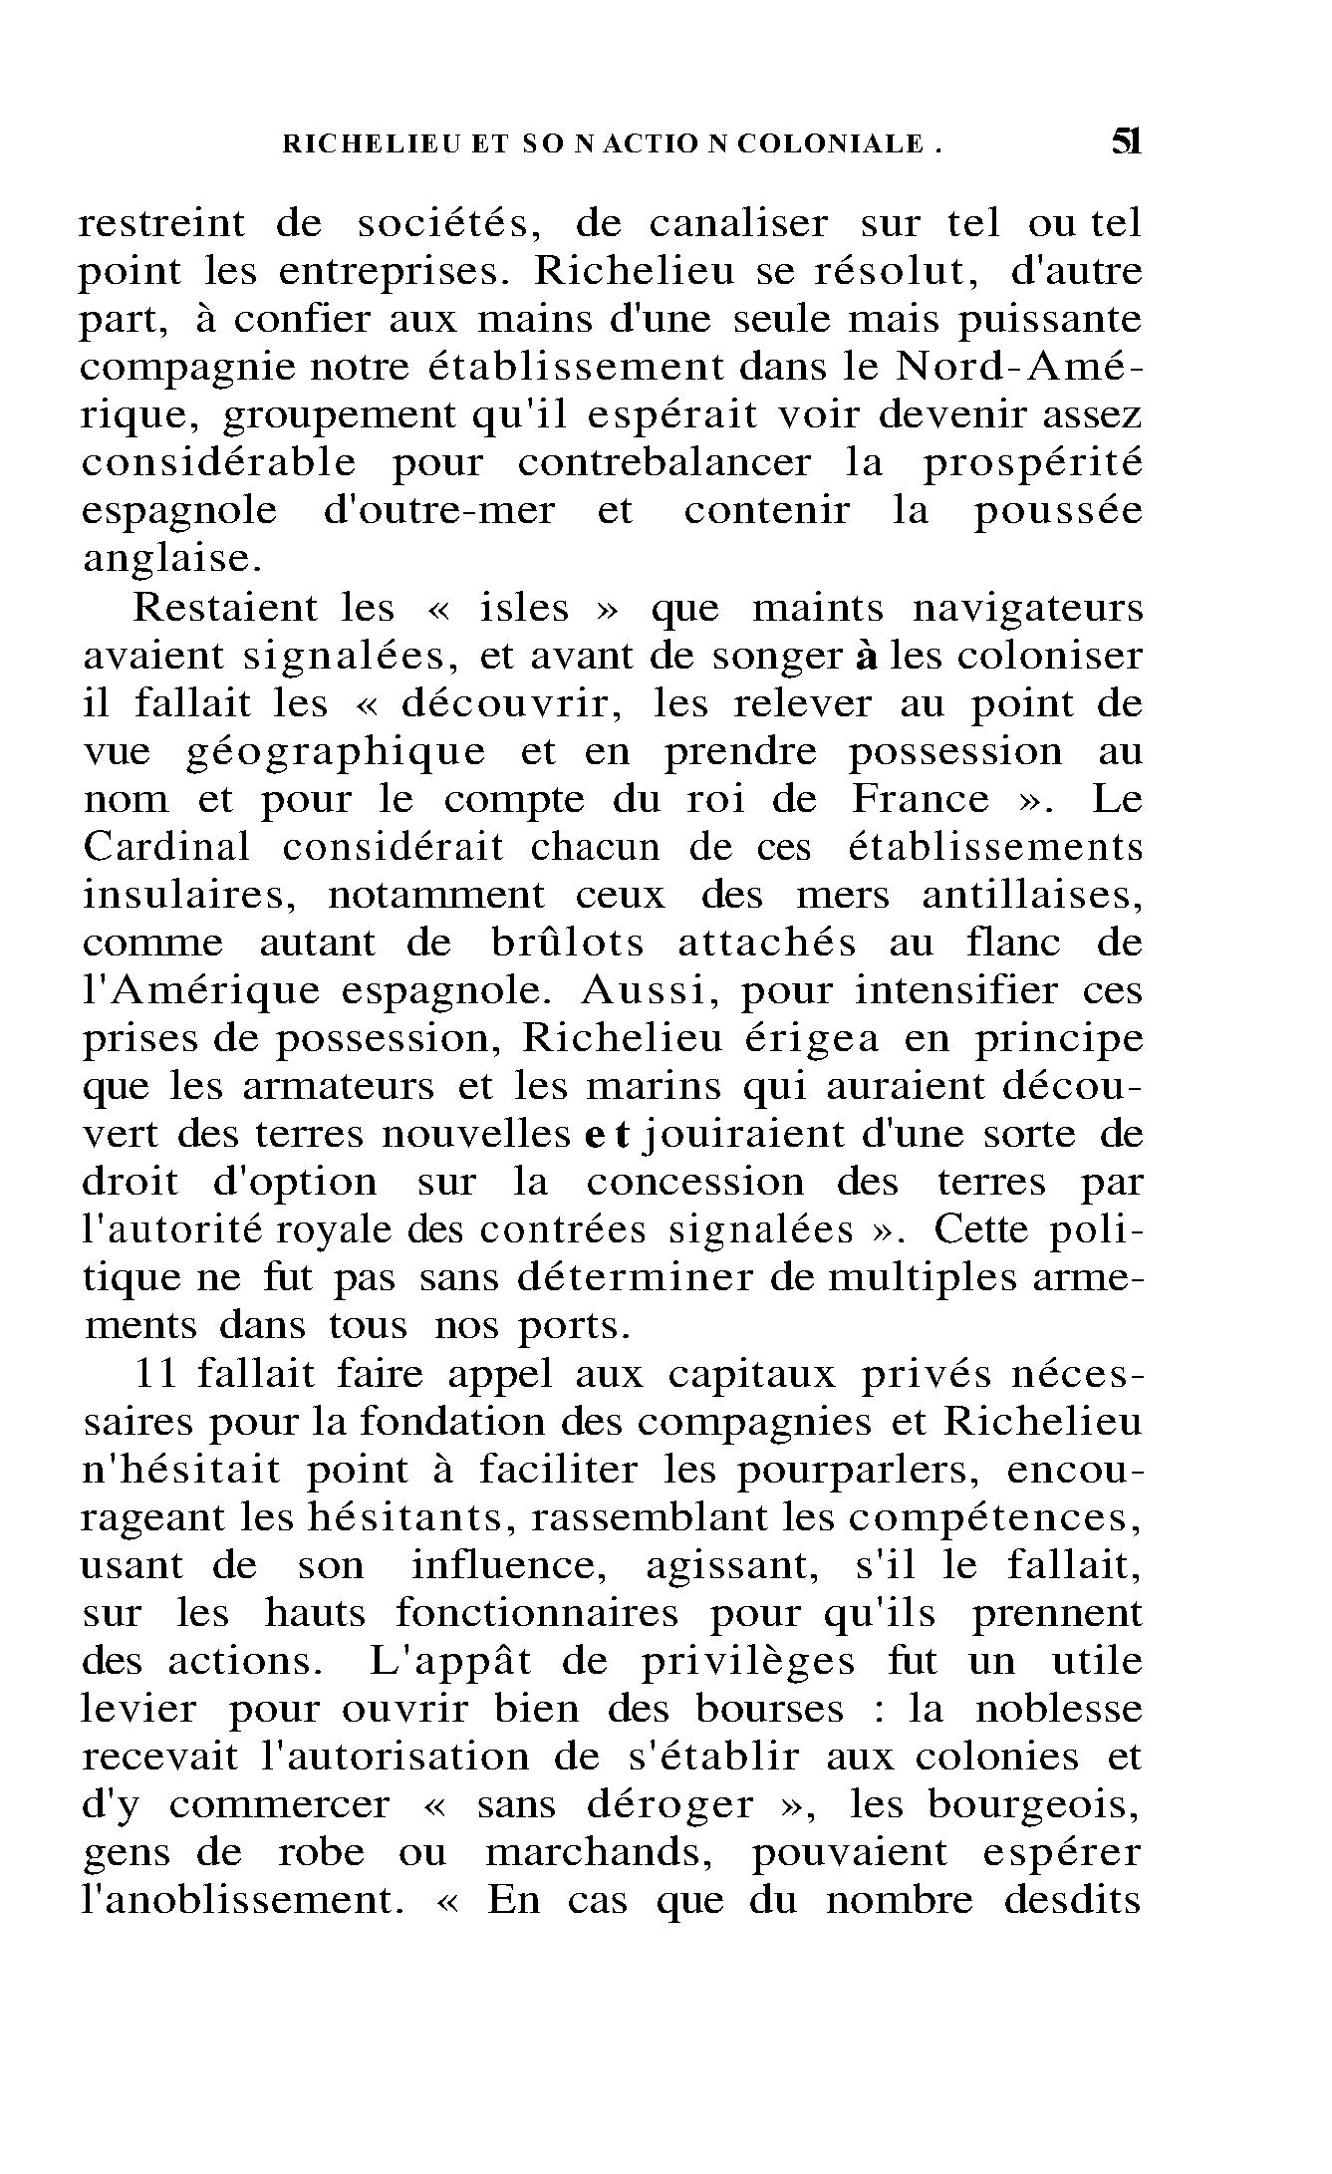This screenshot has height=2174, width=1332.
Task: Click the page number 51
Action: point(1125,142)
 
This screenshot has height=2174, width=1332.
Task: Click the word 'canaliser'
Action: point(738,224)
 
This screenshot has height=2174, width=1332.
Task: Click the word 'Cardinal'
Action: point(166,847)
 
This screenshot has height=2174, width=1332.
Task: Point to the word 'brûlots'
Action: point(568,943)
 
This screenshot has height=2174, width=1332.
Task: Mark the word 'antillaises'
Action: point(1032,896)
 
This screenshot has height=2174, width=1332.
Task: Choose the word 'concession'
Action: point(694,1183)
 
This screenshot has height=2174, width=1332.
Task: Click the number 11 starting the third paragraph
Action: point(155,1374)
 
